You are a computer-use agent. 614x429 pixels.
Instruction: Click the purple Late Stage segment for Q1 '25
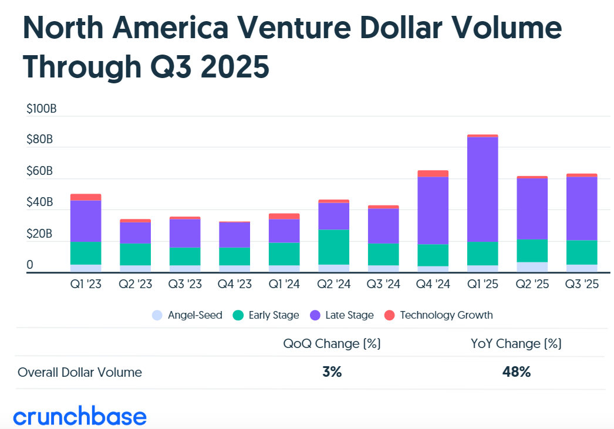pyautogui.click(x=483, y=189)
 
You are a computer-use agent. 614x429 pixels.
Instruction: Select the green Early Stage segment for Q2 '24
pyautogui.click(x=333, y=246)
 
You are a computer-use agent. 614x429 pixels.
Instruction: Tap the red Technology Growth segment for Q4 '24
pyautogui.click(x=433, y=174)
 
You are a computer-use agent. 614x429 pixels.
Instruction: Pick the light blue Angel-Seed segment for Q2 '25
pyautogui.click(x=532, y=267)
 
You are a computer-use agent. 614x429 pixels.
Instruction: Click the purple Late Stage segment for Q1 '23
pyautogui.click(x=86, y=221)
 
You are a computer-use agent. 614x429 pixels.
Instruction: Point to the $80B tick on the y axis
pyautogui.click(x=40, y=140)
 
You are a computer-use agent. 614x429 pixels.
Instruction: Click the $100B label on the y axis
pyautogui.click(x=41, y=109)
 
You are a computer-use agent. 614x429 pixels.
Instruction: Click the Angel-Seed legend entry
pyautogui.click(x=187, y=315)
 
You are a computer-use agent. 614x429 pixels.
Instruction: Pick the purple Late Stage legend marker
pyautogui.click(x=315, y=315)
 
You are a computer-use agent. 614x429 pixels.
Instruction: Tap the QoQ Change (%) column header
pyautogui.click(x=332, y=344)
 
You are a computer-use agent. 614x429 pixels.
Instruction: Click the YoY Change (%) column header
pyautogui.click(x=517, y=344)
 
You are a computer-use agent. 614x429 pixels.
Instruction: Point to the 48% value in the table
pyautogui.click(x=517, y=372)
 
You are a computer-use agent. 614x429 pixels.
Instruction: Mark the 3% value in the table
pyautogui.click(x=332, y=372)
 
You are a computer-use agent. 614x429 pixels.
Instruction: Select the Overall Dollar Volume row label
pyautogui.click(x=80, y=372)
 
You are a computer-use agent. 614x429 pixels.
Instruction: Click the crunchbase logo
pyautogui.click(x=80, y=417)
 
